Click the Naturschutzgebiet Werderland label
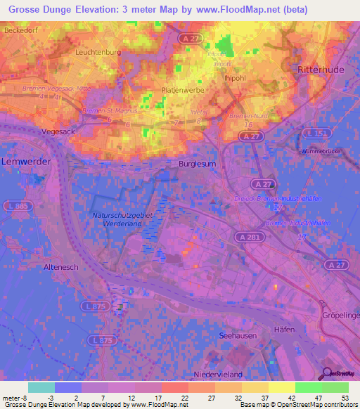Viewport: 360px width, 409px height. point(123,219)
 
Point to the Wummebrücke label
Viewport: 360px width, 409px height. point(321,151)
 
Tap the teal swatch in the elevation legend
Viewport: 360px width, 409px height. point(41,387)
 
